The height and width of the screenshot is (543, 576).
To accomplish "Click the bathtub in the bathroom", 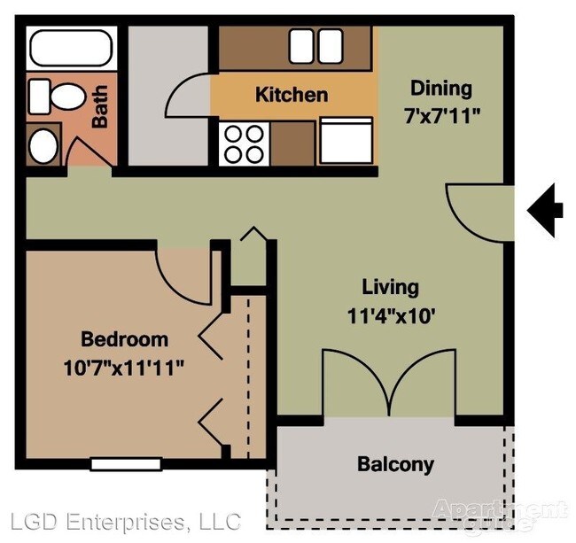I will click(x=70, y=49).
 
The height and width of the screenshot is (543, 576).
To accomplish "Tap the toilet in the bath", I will click(x=54, y=96).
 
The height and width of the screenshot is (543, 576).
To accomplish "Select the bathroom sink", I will click(x=43, y=144).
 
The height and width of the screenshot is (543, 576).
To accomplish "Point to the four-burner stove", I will click(x=244, y=143).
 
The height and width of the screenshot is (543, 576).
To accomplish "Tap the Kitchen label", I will click(x=291, y=95).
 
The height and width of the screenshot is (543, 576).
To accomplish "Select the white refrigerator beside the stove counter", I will click(x=346, y=142).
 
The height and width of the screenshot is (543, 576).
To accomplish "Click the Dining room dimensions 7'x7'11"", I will click(x=440, y=114).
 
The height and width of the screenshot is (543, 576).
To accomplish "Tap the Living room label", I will click(x=390, y=287).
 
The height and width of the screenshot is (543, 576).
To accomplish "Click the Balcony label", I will click(x=395, y=464).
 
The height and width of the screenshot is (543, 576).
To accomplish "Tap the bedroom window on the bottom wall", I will click(x=126, y=463).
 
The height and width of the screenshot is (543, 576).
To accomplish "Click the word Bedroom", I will click(x=124, y=339).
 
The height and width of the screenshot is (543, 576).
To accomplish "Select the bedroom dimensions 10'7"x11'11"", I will click(x=125, y=365).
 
